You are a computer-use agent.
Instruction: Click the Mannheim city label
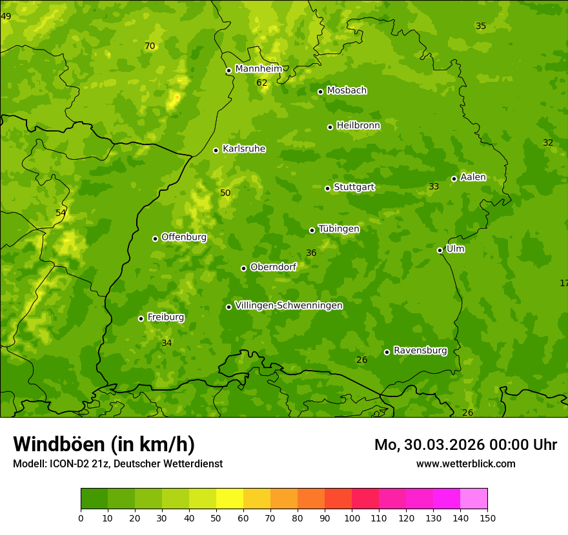(258, 69)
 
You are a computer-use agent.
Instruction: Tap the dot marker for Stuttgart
(327, 188)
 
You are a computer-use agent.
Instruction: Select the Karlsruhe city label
(243, 149)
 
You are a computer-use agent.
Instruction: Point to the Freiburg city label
(165, 317)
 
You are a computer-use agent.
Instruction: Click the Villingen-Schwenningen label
(289, 306)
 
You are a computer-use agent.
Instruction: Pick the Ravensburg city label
(420, 351)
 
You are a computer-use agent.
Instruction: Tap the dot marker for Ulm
(440, 250)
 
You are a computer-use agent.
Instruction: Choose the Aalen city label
(472, 177)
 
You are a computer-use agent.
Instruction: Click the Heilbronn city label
(358, 126)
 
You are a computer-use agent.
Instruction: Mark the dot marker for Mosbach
(320, 92)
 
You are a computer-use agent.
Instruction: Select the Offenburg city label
(183, 237)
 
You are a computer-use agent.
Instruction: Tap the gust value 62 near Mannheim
(261, 83)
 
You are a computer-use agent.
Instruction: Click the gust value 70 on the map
(150, 46)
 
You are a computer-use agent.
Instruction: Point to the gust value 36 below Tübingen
(311, 253)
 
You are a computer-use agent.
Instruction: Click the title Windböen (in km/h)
(104, 444)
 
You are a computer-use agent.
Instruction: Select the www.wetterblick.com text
(465, 464)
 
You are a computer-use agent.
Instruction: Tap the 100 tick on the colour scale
(352, 518)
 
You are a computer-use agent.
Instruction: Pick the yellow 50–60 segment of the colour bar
(230, 499)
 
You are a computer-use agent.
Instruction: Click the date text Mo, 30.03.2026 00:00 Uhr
(465, 445)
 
